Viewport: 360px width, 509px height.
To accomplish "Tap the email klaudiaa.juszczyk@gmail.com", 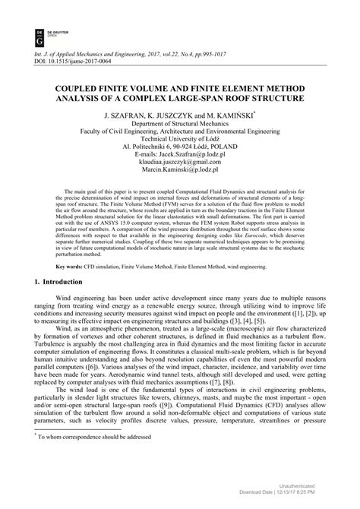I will (x=180, y=170).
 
